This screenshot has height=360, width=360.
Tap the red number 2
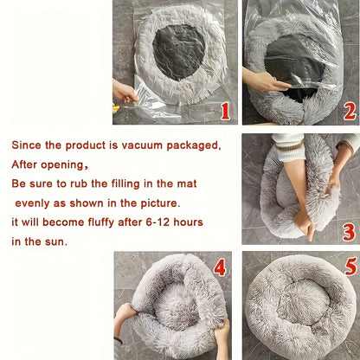349,110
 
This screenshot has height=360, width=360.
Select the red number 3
348,231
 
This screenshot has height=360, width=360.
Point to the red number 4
220,267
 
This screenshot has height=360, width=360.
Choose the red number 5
349,267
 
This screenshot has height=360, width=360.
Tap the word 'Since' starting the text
27,145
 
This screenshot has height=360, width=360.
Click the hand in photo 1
123,90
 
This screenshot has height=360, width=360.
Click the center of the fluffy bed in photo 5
299,305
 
